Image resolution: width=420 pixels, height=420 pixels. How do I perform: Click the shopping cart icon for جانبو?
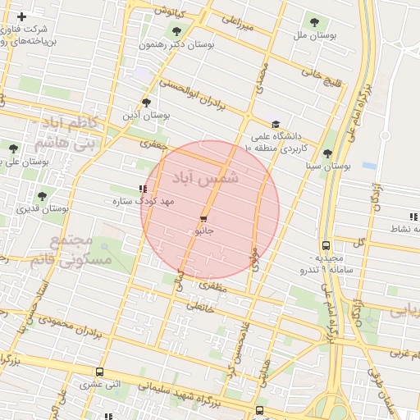203,219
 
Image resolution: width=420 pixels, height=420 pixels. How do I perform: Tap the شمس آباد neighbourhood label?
205,176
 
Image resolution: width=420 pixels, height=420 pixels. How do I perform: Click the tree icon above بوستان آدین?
146,103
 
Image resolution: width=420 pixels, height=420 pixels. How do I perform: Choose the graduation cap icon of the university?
275,124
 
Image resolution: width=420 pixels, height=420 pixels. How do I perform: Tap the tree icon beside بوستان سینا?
327,153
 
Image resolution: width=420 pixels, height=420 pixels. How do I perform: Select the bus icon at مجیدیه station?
326,244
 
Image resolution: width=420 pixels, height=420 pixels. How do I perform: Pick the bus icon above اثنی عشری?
100,372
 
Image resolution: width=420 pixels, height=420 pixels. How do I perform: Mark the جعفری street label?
153,144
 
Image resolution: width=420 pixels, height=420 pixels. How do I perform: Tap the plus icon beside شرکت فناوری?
21,17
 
